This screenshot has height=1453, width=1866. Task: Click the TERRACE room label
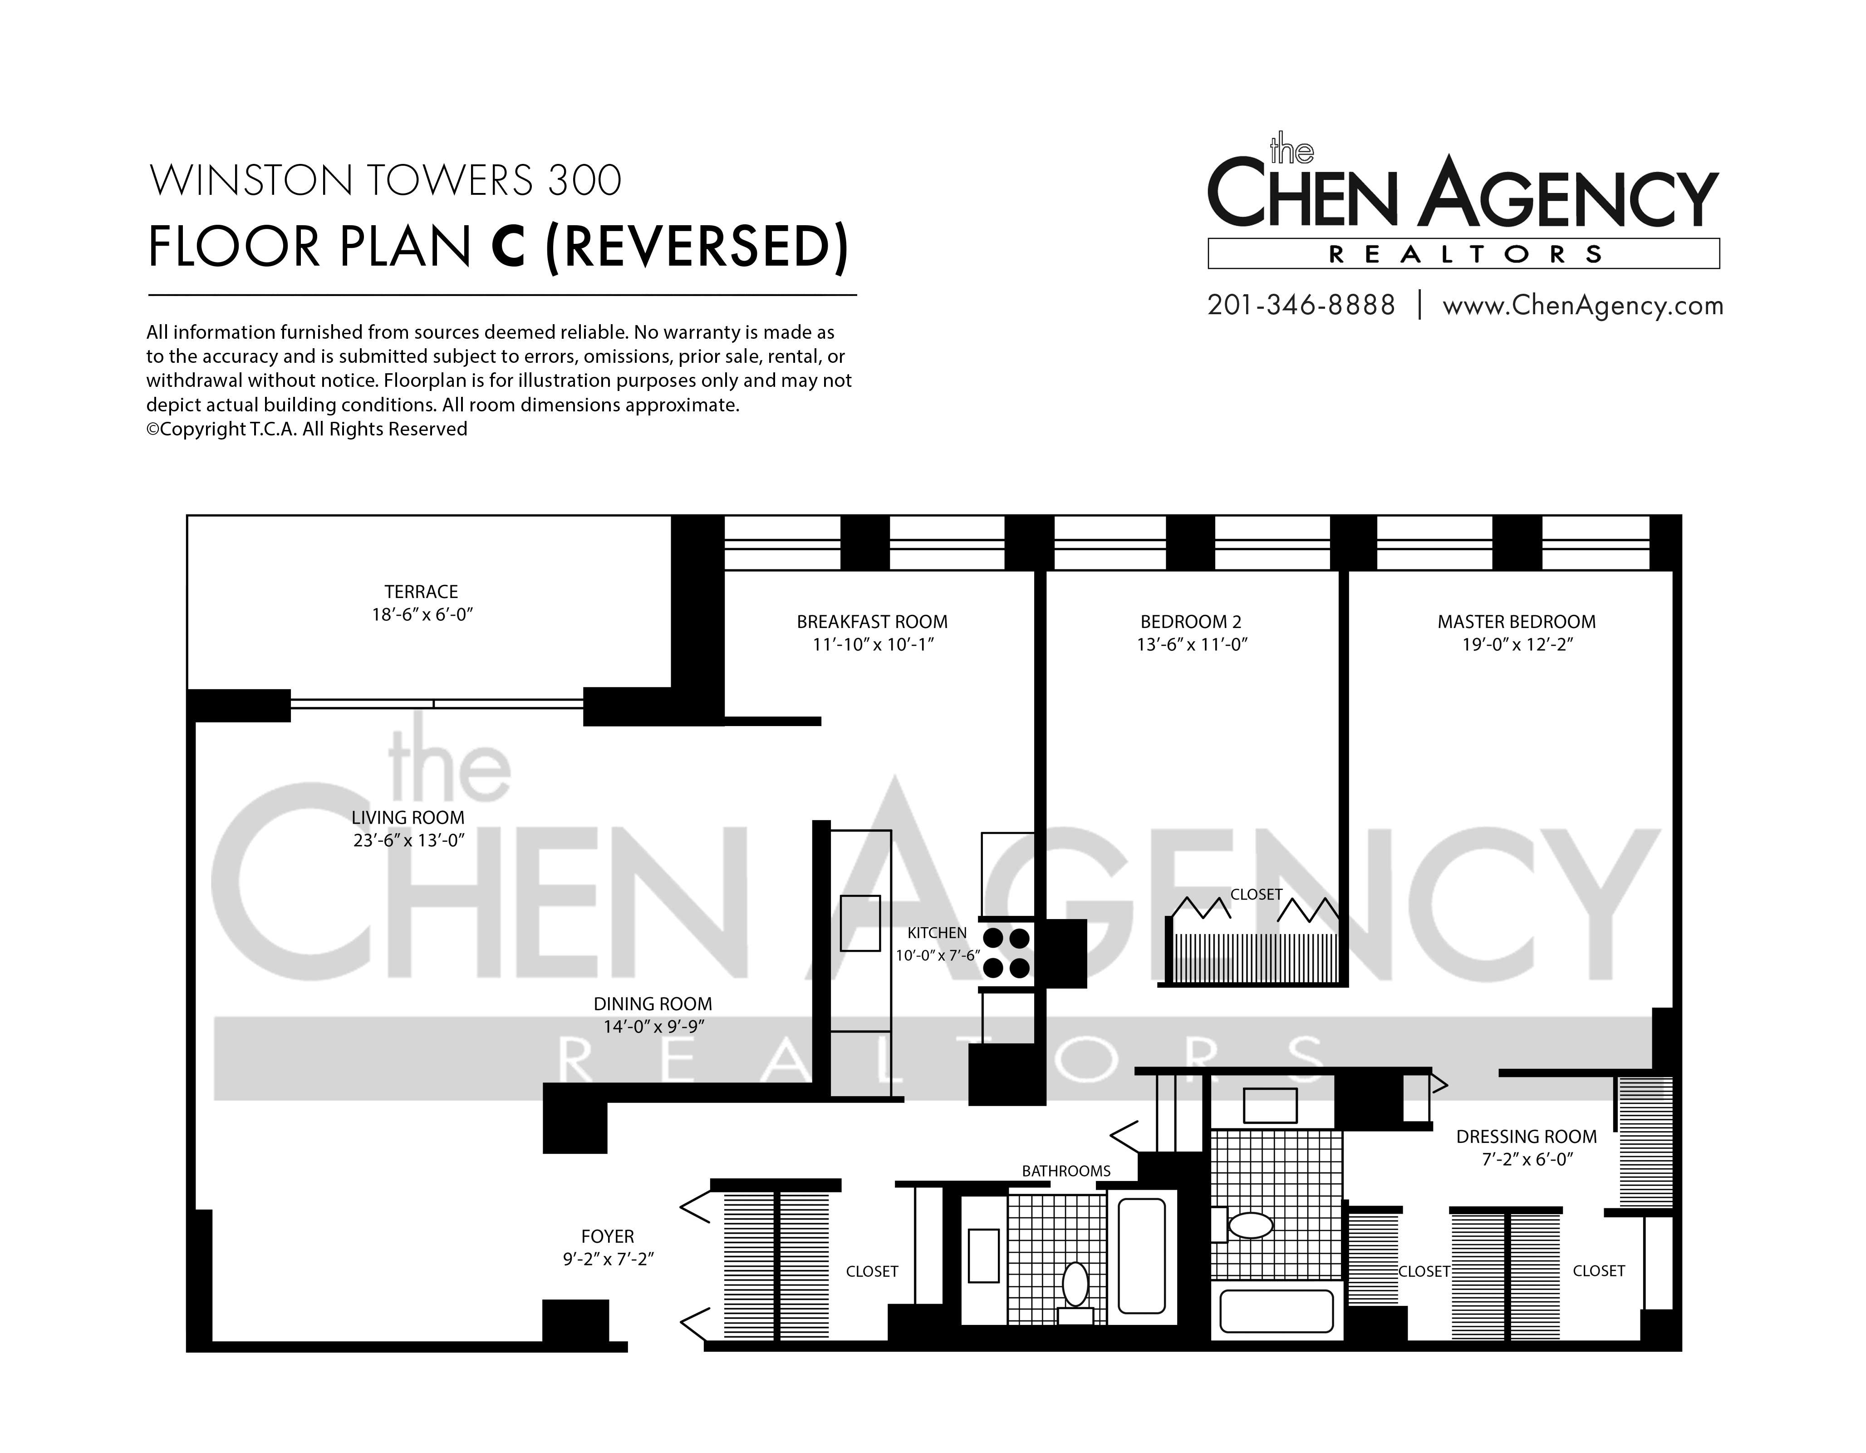[421, 592]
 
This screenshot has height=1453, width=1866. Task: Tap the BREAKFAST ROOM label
[872, 622]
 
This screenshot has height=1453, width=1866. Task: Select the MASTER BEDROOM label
[1517, 622]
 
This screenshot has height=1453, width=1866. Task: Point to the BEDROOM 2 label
[1191, 622]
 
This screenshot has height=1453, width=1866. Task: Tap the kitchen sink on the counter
[860, 923]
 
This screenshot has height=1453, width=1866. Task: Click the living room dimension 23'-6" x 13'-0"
[408, 840]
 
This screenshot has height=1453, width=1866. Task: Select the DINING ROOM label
[653, 1004]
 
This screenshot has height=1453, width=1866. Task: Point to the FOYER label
[608, 1237]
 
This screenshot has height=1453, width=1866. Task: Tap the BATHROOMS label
[1066, 1171]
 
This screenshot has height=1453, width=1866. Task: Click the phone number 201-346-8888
[1301, 305]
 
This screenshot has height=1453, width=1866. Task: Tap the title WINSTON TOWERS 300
[385, 180]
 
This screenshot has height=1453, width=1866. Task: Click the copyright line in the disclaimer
[307, 429]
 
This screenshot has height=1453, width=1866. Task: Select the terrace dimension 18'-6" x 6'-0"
[422, 614]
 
